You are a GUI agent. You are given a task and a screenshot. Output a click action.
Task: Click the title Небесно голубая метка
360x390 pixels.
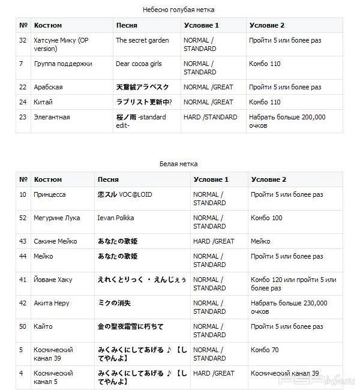178,10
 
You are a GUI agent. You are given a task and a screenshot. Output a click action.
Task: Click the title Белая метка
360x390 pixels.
178,164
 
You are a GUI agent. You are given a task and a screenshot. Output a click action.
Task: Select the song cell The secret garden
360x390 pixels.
142,40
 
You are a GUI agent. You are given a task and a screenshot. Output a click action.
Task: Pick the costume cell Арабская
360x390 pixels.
48,87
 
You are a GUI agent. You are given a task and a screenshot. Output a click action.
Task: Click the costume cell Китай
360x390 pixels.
43,102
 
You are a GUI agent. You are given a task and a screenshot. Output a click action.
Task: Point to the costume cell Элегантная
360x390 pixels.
52,117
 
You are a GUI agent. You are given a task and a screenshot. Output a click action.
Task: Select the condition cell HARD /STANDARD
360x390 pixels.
210,117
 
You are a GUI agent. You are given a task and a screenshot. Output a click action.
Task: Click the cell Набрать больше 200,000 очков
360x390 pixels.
287,121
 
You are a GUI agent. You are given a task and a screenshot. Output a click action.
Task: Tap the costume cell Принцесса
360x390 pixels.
50,194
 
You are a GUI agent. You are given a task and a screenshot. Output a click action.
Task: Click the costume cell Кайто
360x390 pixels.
43,326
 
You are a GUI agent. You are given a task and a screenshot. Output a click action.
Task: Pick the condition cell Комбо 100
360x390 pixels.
266,218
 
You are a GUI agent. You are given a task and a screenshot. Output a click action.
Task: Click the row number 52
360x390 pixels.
23,218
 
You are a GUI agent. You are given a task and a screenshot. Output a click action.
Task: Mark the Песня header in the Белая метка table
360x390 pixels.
107,179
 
